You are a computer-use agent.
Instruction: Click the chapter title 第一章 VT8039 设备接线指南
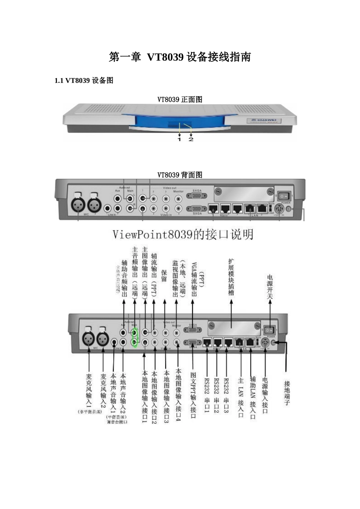pyautogui.click(x=180, y=57)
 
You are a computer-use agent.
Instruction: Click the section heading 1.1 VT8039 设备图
pyautogui.click(x=84, y=80)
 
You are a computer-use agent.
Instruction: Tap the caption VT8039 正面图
pyautogui.click(x=180, y=100)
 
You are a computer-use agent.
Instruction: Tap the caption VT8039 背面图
pyautogui.click(x=180, y=175)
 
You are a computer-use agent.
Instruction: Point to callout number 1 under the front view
pyautogui.click(x=180, y=139)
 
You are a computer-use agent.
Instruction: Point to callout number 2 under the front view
pyautogui.click(x=191, y=139)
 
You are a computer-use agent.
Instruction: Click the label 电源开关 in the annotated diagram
pyautogui.click(x=269, y=287)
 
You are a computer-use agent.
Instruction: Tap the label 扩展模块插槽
pyautogui.click(x=231, y=277)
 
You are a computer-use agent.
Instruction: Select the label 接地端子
pyautogui.click(x=287, y=393)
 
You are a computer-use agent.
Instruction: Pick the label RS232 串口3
pyautogui.click(x=226, y=395)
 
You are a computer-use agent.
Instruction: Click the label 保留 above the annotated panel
pyautogui.click(x=164, y=276)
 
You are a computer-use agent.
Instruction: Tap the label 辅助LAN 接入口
pyautogui.click(x=252, y=397)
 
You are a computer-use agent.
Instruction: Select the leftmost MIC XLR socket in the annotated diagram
pyautogui.click(x=88, y=338)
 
